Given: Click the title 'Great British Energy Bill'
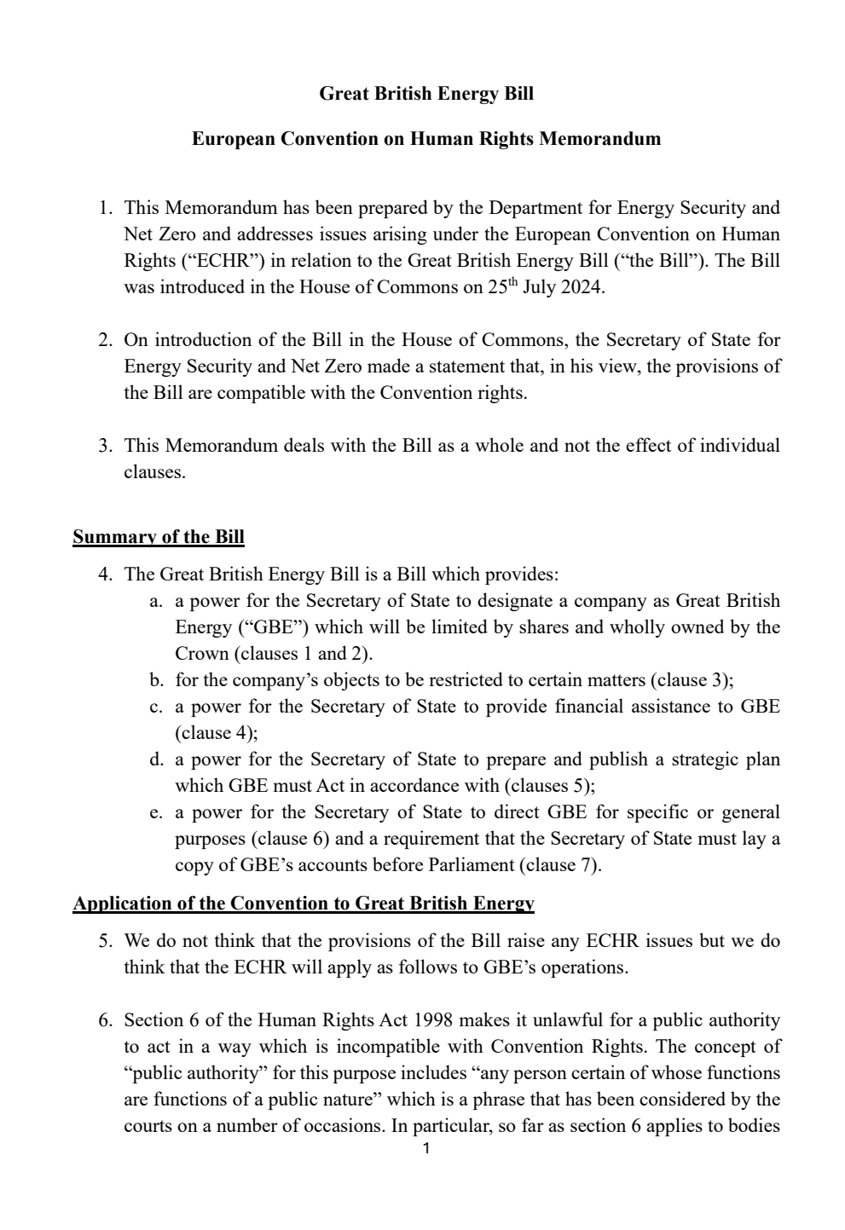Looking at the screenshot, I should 425,94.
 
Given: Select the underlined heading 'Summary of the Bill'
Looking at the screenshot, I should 159,537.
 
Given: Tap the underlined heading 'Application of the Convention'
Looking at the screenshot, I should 304,904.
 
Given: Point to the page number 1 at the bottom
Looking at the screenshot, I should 426,1149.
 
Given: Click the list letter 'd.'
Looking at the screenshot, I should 155,759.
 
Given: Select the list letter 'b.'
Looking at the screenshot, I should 155,680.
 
